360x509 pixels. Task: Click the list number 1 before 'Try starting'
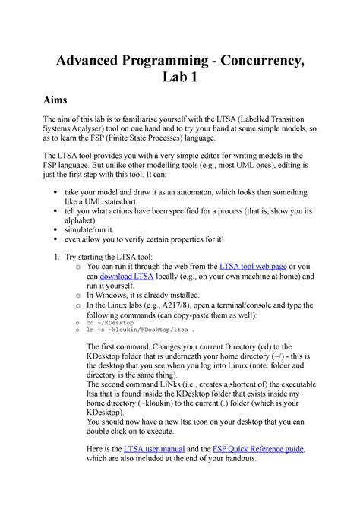(60, 254)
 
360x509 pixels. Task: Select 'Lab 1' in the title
(180, 77)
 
